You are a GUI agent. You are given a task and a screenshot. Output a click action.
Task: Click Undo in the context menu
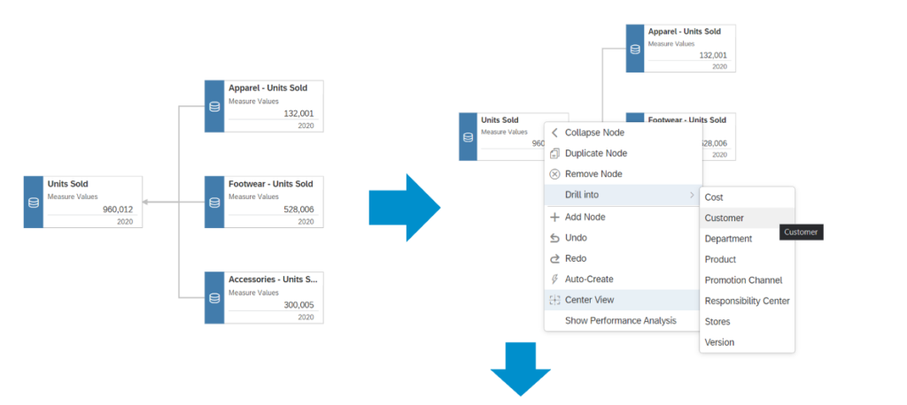(x=576, y=238)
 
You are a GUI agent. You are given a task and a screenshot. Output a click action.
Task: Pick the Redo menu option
(x=576, y=258)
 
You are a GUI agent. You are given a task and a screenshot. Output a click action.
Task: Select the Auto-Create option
(x=589, y=279)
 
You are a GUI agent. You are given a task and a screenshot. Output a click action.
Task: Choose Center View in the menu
(x=589, y=300)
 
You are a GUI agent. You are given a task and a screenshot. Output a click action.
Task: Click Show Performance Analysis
(x=620, y=320)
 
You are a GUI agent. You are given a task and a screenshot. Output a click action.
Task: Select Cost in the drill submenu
(x=714, y=197)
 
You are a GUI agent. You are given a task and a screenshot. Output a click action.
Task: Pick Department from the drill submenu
(x=728, y=239)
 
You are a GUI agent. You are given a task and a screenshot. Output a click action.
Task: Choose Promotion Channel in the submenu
(x=743, y=280)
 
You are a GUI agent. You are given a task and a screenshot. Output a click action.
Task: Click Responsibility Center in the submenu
(x=747, y=301)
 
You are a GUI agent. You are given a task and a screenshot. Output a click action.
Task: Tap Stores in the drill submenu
(x=718, y=321)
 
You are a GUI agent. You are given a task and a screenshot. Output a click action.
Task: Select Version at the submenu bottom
(x=719, y=342)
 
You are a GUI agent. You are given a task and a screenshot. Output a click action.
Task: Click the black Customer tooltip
(x=801, y=232)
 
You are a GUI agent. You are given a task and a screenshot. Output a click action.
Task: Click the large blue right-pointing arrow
(x=404, y=208)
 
